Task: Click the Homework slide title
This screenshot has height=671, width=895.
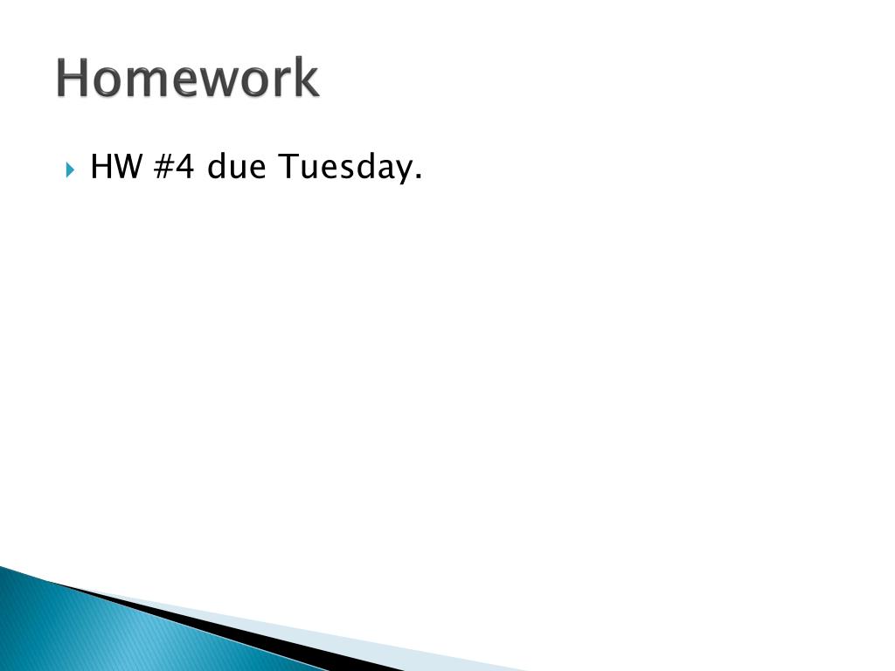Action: (188, 79)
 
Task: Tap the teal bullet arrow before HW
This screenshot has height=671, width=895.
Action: (71, 168)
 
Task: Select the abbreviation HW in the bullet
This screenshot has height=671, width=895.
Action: (116, 166)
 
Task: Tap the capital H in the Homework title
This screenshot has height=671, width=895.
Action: (73, 79)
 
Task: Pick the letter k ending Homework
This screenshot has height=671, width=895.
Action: (306, 79)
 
